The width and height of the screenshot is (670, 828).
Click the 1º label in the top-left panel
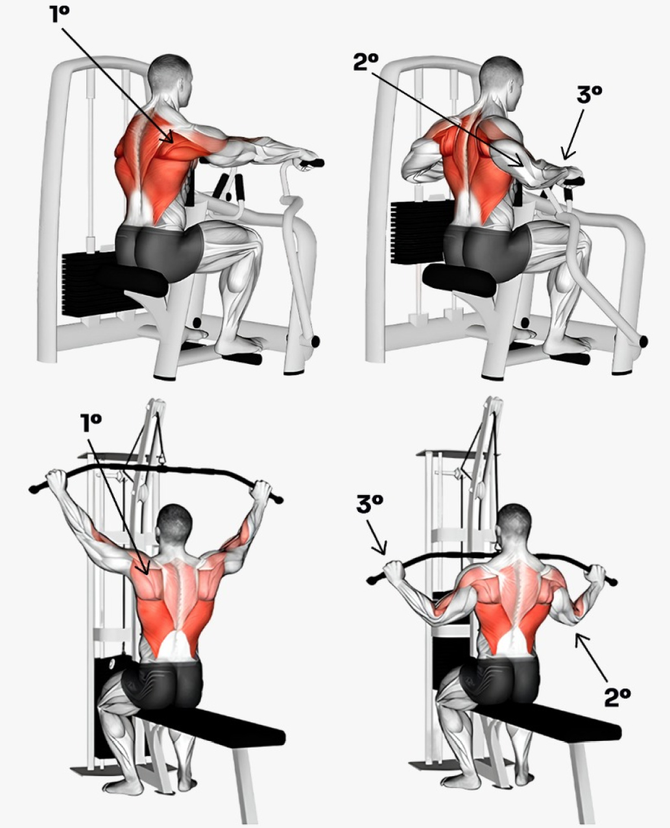tap(60, 14)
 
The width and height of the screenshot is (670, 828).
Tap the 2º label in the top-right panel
tap(366, 62)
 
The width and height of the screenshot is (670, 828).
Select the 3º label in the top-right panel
tap(589, 95)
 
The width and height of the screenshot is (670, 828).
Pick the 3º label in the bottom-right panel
tap(369, 504)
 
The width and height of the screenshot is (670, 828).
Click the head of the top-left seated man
tap(170, 77)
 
